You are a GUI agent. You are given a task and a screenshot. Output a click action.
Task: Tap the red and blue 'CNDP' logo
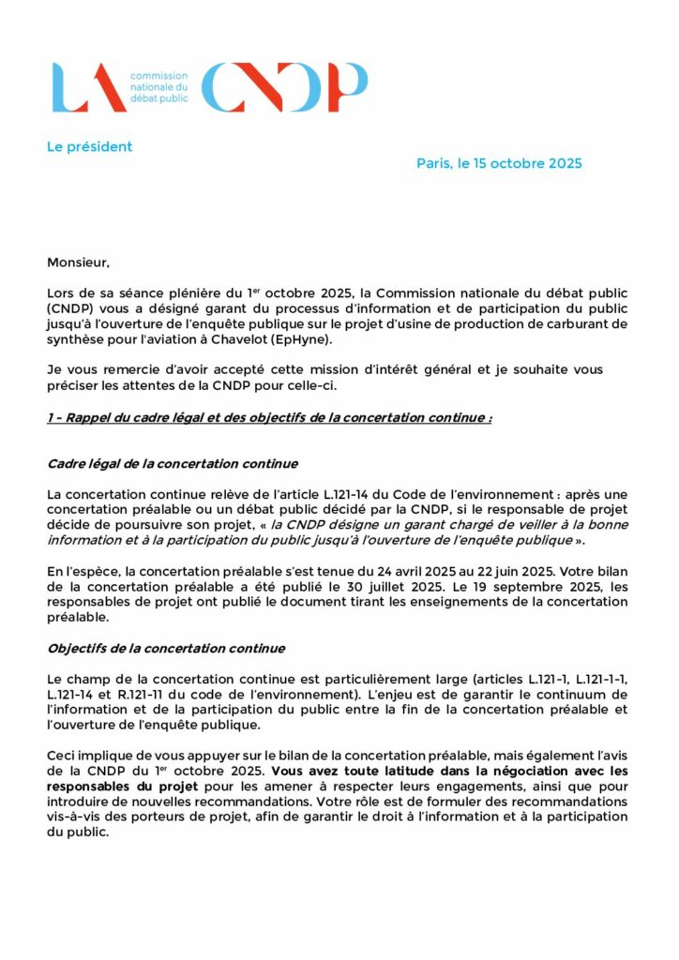284,87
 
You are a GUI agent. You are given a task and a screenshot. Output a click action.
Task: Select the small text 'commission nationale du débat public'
158,86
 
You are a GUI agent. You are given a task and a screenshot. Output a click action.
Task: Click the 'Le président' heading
90,147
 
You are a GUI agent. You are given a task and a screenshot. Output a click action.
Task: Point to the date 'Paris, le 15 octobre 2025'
499,164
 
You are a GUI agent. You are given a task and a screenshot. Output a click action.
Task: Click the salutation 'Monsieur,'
78,262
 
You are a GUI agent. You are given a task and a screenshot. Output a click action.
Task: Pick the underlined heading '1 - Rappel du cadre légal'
269,417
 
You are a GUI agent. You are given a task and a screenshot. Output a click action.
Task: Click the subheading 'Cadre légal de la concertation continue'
173,463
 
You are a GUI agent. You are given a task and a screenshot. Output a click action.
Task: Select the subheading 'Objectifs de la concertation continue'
166,648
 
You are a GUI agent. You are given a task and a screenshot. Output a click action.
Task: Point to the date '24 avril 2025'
399,570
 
